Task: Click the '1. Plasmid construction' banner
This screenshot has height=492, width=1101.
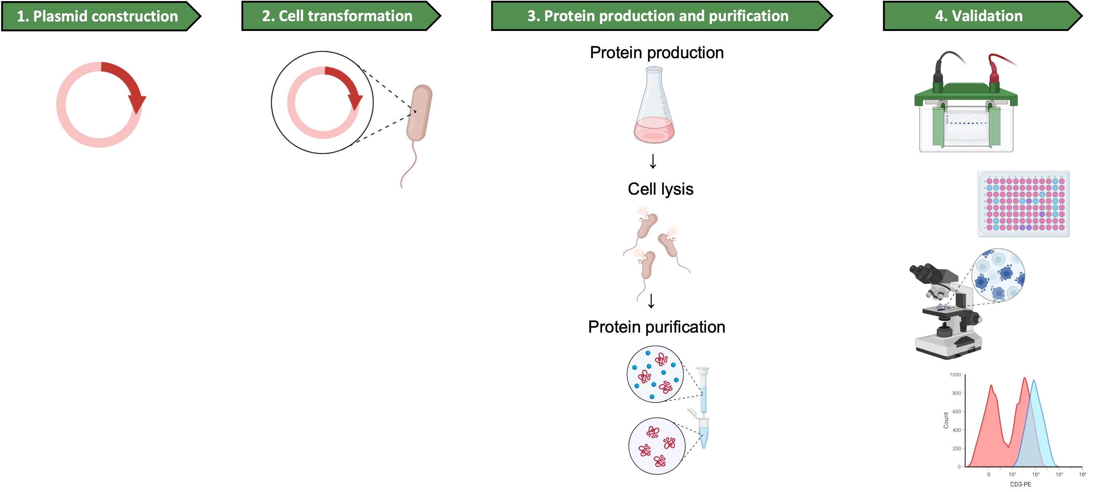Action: coord(97,16)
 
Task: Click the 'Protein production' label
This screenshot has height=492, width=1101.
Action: coord(656,53)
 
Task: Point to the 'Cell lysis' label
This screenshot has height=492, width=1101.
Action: coord(660,189)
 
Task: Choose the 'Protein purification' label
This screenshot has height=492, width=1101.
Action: coord(656,327)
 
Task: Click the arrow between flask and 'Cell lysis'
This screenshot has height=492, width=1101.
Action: coord(653,161)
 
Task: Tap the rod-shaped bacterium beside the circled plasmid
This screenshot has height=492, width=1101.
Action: coord(419,113)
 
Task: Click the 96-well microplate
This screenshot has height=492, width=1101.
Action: coord(1023,204)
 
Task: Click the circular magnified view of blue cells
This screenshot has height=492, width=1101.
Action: coord(998,275)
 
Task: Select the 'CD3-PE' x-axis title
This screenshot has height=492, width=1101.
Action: coord(1020,484)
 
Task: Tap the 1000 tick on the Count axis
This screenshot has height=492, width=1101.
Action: coord(955,375)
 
